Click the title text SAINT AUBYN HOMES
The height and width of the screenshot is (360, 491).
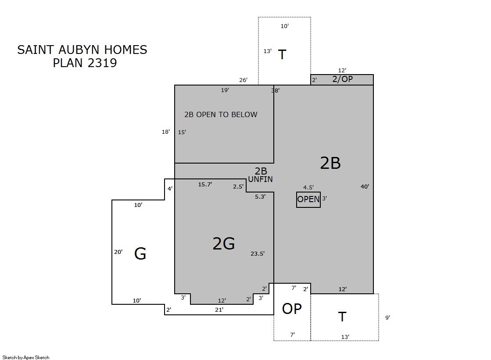(82, 50)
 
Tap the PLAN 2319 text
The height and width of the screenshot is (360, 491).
(85, 63)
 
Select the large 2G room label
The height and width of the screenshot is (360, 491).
(224, 243)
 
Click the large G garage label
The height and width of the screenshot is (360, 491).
(140, 253)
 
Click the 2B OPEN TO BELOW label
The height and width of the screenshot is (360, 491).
(221, 114)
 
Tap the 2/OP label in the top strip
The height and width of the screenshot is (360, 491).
(343, 79)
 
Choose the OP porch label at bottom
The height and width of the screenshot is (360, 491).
(292, 309)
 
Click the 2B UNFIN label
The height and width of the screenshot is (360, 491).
(261, 175)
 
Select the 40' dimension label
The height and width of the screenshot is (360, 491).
(365, 186)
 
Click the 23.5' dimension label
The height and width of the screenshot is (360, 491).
(258, 253)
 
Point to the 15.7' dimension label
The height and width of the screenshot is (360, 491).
(205, 184)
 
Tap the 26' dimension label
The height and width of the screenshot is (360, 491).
(244, 80)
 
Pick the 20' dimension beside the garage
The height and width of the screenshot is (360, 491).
(118, 252)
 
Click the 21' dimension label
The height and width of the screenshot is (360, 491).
(219, 310)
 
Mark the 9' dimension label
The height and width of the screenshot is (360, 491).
(387, 317)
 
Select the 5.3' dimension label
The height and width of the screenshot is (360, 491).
(260, 196)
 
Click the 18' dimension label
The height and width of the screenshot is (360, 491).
(166, 132)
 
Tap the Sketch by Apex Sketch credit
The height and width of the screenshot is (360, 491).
(26, 357)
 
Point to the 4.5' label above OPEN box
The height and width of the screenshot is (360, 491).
(308, 187)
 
